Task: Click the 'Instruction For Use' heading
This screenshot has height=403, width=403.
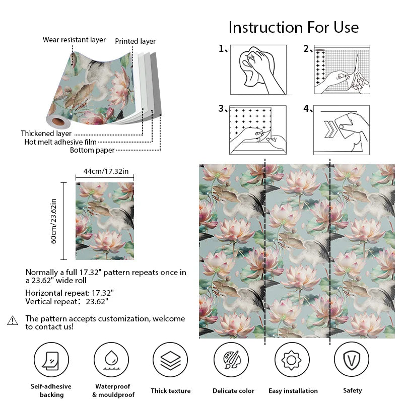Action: point(293,27)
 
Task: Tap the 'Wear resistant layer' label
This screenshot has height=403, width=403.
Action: point(74,39)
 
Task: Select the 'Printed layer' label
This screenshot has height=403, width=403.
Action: point(135,41)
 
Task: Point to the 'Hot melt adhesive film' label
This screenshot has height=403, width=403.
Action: point(60,142)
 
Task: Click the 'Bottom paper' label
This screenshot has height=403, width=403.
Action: point(92,150)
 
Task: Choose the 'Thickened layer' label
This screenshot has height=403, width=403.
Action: point(46,133)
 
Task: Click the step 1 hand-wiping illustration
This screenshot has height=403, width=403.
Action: point(258,70)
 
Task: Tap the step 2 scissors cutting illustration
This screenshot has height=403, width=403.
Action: point(342,70)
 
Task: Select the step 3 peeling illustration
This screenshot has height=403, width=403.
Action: point(258,129)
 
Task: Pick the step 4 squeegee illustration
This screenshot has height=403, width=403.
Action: point(342,129)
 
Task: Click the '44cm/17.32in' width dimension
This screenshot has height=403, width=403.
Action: point(106,171)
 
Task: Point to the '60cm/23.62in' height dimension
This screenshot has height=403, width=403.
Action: point(54,221)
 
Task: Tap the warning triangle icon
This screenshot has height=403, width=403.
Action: point(13,320)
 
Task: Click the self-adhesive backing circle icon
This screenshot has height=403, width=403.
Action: point(51,360)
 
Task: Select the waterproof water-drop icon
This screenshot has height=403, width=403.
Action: point(111,360)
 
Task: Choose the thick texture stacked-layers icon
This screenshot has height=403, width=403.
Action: point(170,360)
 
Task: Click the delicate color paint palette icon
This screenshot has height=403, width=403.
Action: point(231,360)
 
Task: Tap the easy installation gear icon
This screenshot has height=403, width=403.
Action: point(292,360)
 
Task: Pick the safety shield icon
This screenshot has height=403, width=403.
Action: point(352,360)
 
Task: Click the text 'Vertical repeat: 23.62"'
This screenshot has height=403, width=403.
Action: point(66,301)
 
